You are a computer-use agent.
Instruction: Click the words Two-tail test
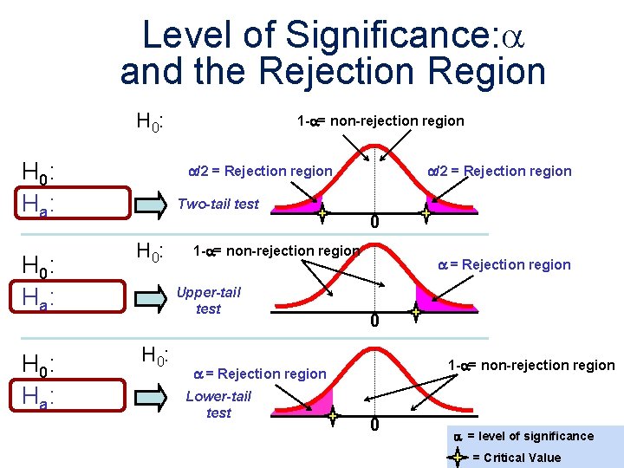pos(218,205)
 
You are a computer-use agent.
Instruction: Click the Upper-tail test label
pos(208,301)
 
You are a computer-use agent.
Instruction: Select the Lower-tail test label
pos(218,405)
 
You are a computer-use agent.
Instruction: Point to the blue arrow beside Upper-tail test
pos(146,301)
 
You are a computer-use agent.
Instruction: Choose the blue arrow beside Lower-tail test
pos(146,399)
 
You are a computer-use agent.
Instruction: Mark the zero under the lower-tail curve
pos(374,426)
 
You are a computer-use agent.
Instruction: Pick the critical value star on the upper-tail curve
pos(416,312)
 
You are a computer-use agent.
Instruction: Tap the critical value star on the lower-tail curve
pos(334,416)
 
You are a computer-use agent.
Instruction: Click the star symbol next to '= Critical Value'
pos(459,456)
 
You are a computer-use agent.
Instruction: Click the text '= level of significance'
pos(530,436)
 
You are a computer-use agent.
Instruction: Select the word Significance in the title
pos(386,36)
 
